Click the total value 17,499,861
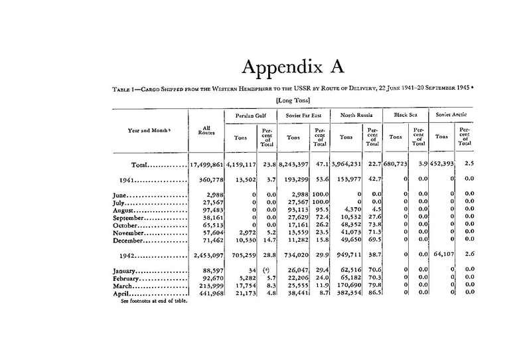pyautogui.click(x=208, y=163)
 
